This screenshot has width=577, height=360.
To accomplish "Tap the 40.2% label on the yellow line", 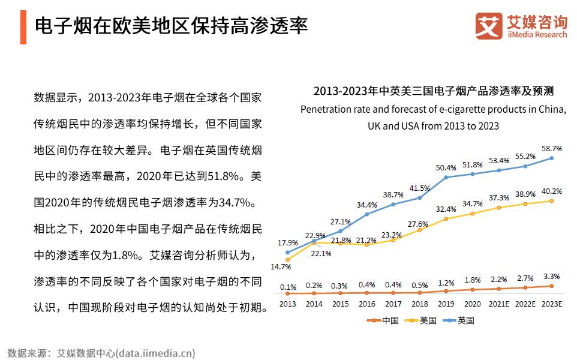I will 551,191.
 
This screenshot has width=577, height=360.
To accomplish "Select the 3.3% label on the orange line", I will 551,277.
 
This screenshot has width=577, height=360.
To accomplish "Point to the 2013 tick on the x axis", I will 287,304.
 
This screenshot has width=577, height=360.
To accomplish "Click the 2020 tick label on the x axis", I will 473,304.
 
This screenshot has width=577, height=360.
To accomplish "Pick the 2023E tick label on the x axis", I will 551,304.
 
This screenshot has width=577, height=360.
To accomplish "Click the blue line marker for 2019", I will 446,177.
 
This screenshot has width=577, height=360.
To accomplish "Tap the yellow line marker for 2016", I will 366,245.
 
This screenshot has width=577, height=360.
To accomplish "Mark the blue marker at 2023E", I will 551,158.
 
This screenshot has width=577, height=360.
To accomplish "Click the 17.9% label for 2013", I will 287,243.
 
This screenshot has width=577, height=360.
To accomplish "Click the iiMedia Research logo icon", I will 489,25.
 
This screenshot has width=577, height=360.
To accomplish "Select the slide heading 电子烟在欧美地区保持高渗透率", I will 172,26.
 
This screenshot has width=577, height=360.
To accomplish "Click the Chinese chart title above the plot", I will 433,91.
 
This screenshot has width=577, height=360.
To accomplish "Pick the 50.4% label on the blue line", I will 446,167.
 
